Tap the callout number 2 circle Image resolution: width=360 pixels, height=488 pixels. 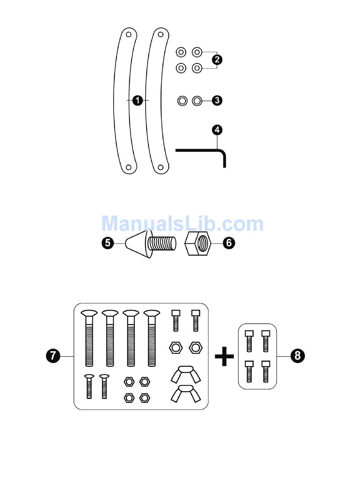[x=217, y=59]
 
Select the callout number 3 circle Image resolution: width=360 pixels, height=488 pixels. [x=217, y=100]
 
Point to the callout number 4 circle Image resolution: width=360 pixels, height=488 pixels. [x=217, y=130]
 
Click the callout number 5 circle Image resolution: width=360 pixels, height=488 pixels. [x=108, y=243]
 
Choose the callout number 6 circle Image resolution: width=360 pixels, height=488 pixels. [x=229, y=243]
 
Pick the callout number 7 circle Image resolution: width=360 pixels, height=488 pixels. [x=53, y=356]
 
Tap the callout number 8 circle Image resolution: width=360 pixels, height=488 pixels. [x=297, y=356]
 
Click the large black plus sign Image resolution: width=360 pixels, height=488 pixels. [x=224, y=357]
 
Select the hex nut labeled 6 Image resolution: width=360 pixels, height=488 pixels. [x=198, y=244]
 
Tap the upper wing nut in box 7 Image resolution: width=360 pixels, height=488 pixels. [x=185, y=373]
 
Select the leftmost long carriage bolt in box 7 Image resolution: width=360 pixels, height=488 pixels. [x=89, y=337]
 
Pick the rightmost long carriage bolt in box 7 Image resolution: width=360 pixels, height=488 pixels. [x=152, y=337]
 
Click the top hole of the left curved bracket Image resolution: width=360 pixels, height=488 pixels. [x=129, y=34]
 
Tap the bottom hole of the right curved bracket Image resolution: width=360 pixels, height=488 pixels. [x=161, y=167]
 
